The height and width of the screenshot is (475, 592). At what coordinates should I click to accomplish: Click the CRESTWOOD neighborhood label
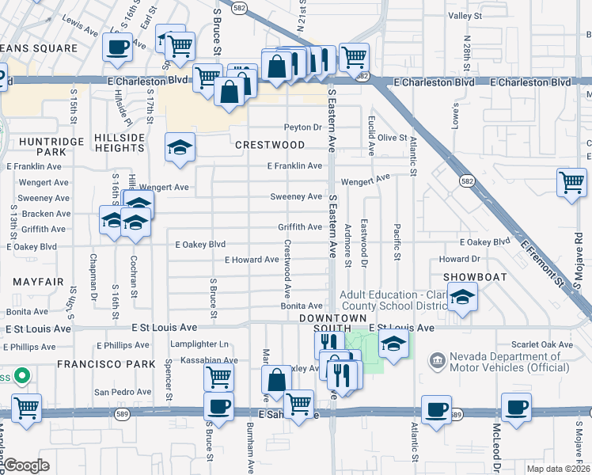click(x=270, y=145)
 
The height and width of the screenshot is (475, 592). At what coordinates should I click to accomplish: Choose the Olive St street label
click(x=392, y=138)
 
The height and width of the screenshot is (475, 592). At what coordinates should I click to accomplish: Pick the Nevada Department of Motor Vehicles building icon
click(x=437, y=361)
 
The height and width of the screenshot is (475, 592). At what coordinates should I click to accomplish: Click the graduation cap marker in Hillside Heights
click(x=180, y=147)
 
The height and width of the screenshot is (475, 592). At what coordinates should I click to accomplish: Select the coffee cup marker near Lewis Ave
click(x=117, y=47)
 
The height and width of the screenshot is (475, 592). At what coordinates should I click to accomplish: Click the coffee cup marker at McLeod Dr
click(x=516, y=408)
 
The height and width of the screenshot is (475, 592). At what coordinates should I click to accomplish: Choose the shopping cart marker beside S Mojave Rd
click(x=571, y=182)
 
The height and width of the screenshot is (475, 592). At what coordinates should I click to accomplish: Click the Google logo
click(x=27, y=465)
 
